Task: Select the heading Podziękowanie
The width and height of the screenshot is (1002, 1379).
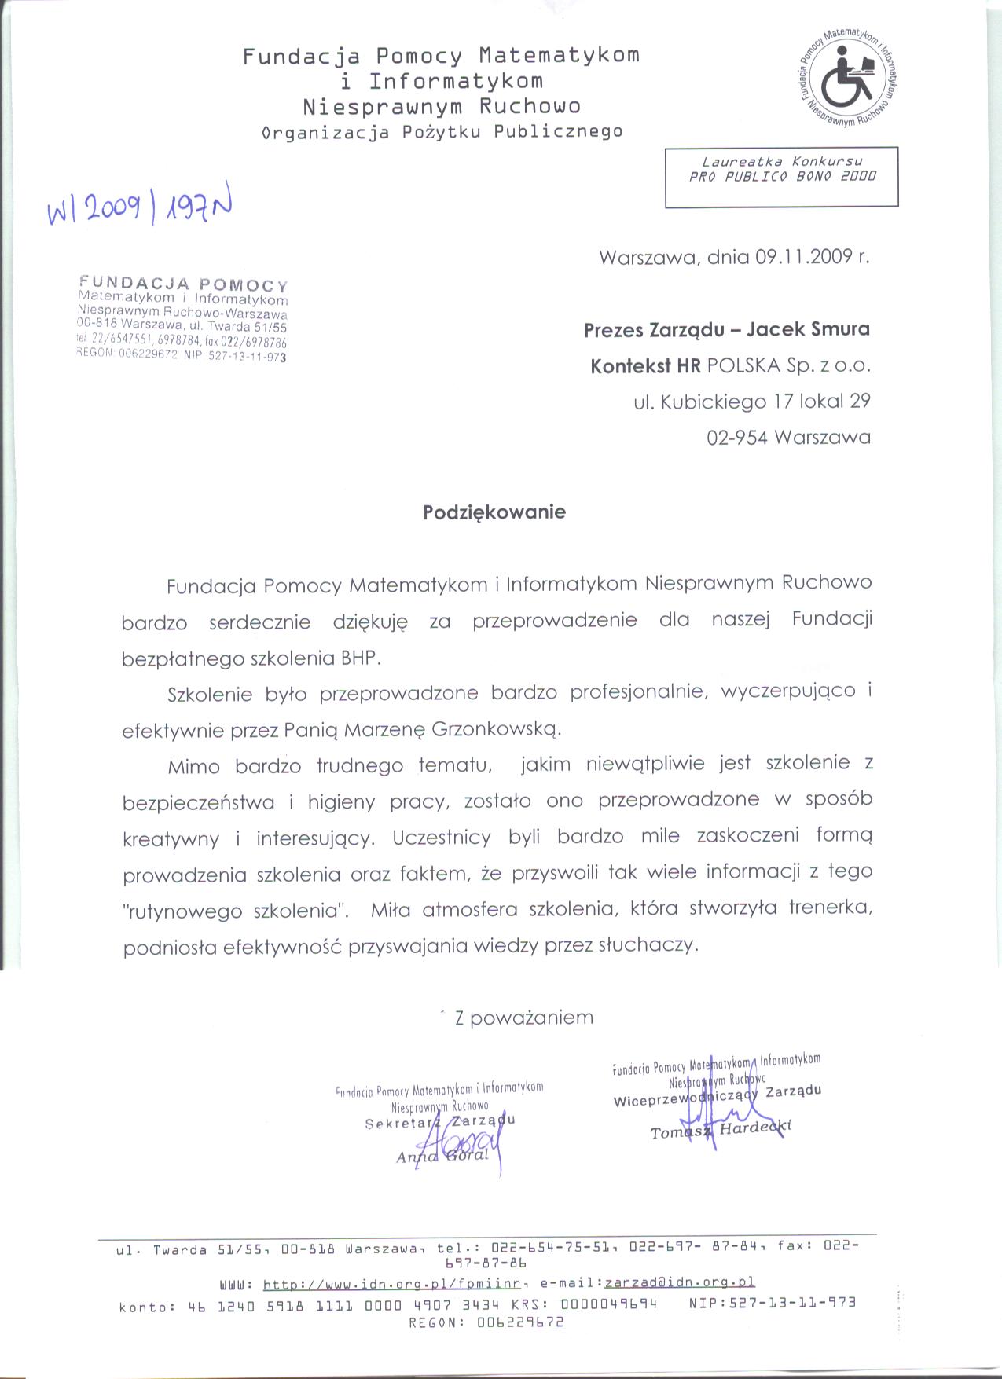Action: click(494, 512)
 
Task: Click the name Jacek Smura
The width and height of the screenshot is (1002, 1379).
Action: click(808, 329)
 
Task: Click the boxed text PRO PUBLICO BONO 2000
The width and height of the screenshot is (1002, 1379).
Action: click(782, 177)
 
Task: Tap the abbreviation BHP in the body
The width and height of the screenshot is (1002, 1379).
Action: click(360, 658)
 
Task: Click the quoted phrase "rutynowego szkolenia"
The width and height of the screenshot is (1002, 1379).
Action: click(236, 912)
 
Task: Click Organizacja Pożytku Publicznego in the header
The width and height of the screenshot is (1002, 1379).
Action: click(442, 132)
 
